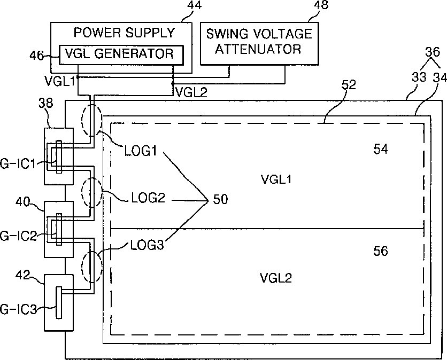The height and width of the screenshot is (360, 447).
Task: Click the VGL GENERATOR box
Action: [x=121, y=54]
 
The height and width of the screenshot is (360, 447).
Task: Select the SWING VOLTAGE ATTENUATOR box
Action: [x=259, y=44]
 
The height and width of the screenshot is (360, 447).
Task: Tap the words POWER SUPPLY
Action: [x=124, y=33]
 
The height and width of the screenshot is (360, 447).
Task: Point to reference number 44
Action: [x=195, y=5]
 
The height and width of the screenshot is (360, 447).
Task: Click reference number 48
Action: [x=321, y=5]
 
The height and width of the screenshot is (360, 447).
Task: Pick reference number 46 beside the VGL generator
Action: [x=36, y=55]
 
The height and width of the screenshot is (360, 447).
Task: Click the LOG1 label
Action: [x=141, y=151]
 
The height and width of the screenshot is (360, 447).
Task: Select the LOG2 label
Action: [x=148, y=198]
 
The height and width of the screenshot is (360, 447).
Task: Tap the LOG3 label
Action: [x=147, y=245]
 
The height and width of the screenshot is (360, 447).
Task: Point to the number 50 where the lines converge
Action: [x=221, y=199]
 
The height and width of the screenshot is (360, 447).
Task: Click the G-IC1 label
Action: [x=18, y=164]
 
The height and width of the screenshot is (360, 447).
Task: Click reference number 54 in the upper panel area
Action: [x=381, y=149]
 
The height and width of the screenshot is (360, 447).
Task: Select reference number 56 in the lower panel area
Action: [x=381, y=251]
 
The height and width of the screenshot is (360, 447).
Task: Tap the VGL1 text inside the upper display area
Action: [x=276, y=179]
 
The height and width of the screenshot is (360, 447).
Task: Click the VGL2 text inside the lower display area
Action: [x=276, y=278]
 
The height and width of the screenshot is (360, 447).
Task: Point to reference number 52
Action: [x=349, y=85]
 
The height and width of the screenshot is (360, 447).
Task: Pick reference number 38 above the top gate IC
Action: [x=45, y=103]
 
